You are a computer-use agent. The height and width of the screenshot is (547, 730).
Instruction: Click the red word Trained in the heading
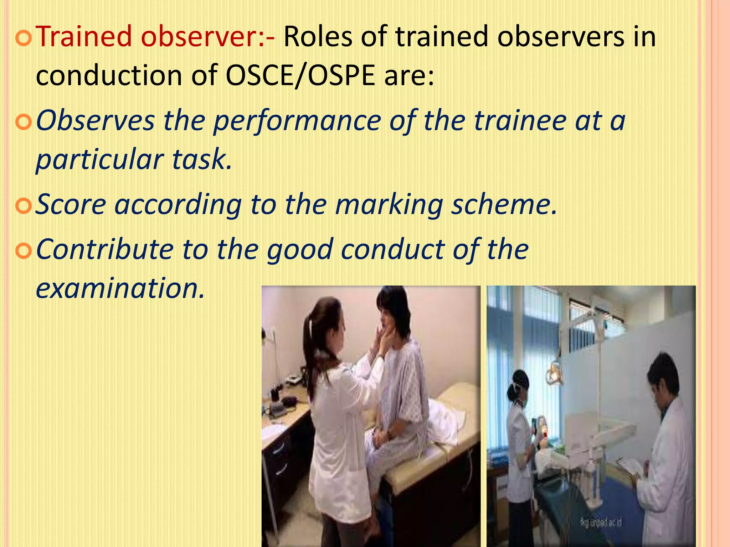click(x=84, y=36)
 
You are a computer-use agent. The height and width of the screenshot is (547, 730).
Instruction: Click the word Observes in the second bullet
click(x=95, y=120)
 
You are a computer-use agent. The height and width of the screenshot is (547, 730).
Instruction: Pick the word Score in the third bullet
click(x=71, y=205)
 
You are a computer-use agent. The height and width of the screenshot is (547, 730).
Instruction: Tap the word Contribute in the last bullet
click(x=104, y=249)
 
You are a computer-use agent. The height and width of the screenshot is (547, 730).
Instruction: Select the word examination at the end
click(x=120, y=288)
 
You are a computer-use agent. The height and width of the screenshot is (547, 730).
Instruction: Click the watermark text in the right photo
click(x=601, y=522)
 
